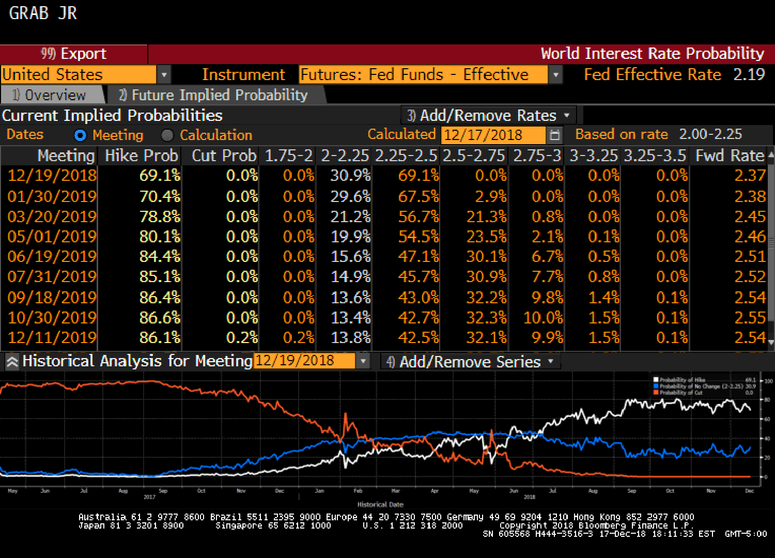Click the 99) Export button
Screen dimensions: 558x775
pyautogui.click(x=73, y=54)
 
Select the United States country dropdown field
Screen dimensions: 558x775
pyautogui.click(x=79, y=75)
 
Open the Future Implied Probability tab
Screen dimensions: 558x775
pyautogui.click(x=213, y=95)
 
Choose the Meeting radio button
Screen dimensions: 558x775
pyautogui.click(x=80, y=135)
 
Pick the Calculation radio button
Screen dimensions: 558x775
pyautogui.click(x=167, y=135)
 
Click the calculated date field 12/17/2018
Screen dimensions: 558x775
pyautogui.click(x=493, y=135)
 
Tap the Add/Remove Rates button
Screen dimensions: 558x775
pyautogui.click(x=488, y=115)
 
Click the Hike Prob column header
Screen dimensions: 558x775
pyautogui.click(x=141, y=156)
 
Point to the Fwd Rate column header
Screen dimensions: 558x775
pyautogui.click(x=729, y=156)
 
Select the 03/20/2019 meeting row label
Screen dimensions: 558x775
pyautogui.click(x=52, y=216)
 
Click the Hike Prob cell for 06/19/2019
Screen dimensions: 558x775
pyautogui.click(x=160, y=257)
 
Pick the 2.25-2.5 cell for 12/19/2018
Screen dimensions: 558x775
pyautogui.click(x=418, y=176)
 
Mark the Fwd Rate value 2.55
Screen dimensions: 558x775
pyautogui.click(x=750, y=317)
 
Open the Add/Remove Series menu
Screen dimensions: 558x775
pyautogui.click(x=470, y=362)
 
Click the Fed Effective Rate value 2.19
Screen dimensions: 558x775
pyautogui.click(x=749, y=75)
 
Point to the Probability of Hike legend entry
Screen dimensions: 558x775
pyautogui.click(x=682, y=380)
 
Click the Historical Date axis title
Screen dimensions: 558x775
pyautogui.click(x=380, y=504)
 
